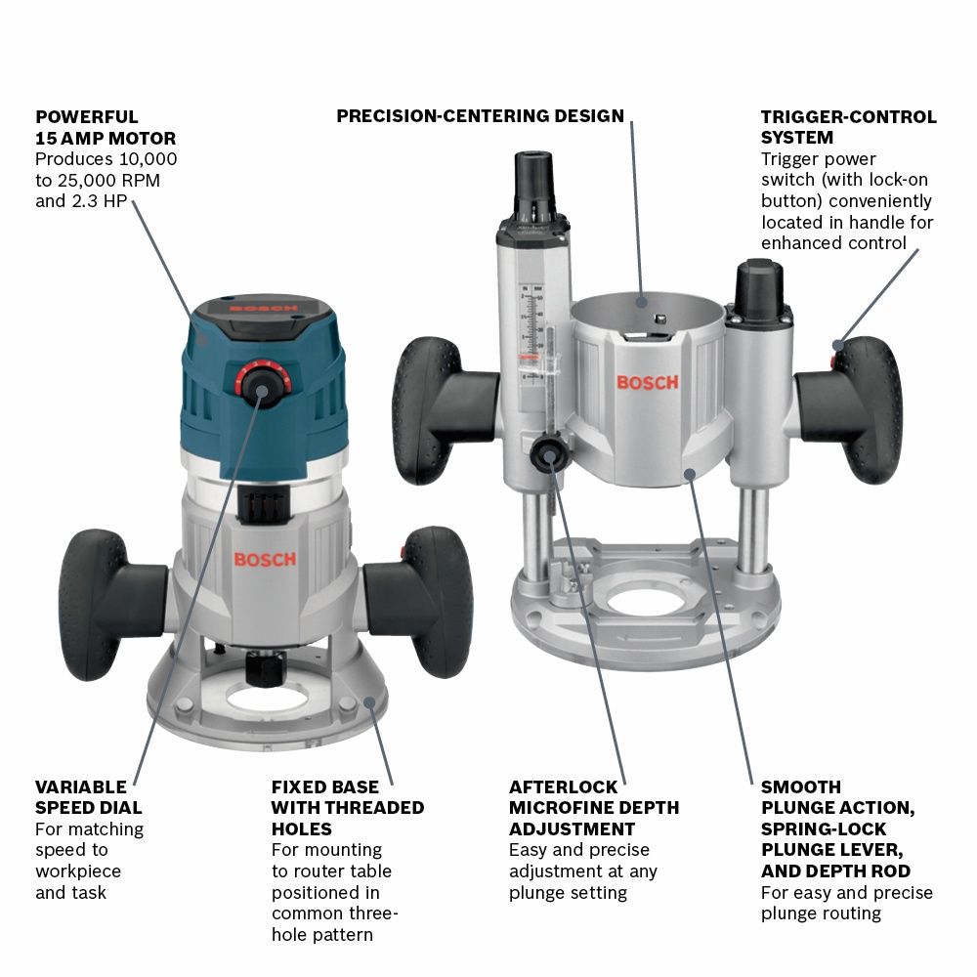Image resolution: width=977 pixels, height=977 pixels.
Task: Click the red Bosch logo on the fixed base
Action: coord(264,559)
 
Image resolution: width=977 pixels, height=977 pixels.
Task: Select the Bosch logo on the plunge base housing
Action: coord(646,382)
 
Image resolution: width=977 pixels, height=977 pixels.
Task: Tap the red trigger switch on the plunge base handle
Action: coord(837,345)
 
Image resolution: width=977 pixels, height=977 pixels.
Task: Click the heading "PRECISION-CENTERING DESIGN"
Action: coord(480,116)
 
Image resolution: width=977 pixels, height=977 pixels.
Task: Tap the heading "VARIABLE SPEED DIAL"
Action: coord(88,797)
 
